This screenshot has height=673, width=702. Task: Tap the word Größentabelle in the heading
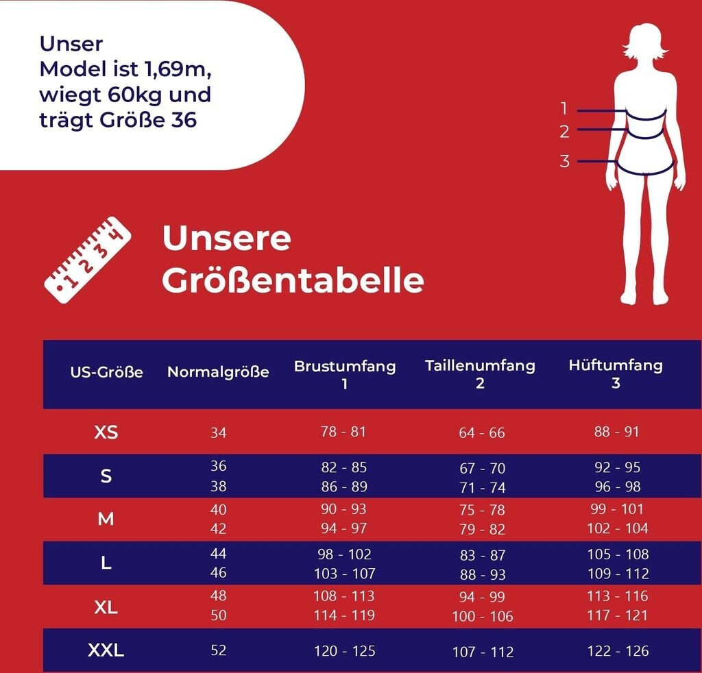point(293,281)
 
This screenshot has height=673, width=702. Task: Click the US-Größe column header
point(106,373)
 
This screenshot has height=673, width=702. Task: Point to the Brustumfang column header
point(345,374)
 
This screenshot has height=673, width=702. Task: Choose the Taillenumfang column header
point(480,374)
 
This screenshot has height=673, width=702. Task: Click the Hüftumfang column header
point(616,374)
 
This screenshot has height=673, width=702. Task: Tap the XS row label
point(106,432)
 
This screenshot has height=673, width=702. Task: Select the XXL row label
point(106,650)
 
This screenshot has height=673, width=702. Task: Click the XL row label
point(106,607)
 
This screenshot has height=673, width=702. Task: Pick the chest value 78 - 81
point(343,432)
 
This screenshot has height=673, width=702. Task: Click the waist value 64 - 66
point(481,433)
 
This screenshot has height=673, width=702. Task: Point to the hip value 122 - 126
point(617,651)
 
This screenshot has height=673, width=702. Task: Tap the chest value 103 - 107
point(344,574)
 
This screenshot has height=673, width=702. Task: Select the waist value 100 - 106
point(482,617)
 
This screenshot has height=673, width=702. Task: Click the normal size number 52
point(218,650)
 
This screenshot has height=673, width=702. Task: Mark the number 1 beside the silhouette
point(564,108)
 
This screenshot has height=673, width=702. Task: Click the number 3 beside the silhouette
point(564,161)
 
